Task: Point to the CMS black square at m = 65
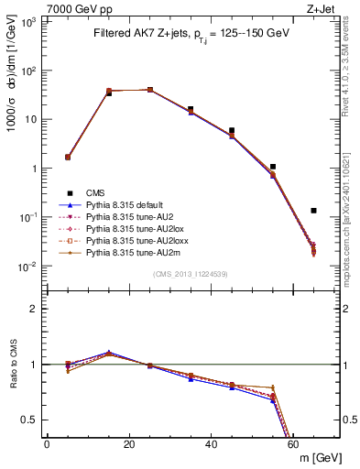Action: (x=313, y=211)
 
